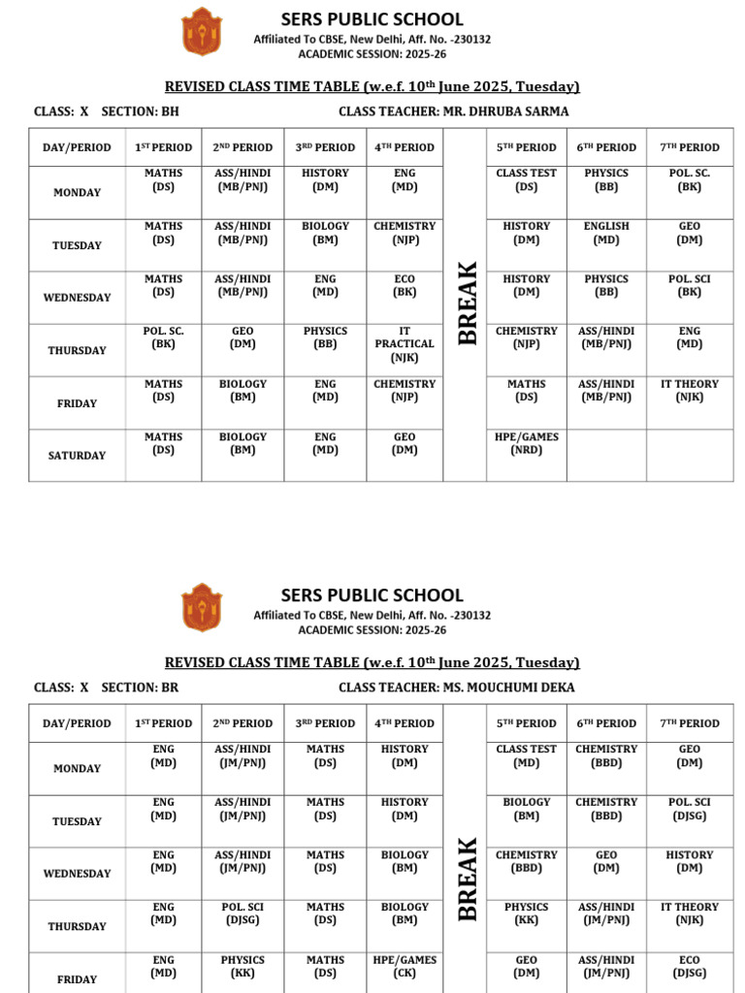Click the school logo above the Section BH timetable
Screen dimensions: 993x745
[x=202, y=31]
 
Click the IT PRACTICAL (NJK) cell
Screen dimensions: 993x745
[x=405, y=344]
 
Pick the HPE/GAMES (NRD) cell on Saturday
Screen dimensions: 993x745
[x=526, y=443]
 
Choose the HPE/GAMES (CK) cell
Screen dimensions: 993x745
[x=405, y=967]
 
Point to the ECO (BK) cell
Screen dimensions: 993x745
[x=405, y=285]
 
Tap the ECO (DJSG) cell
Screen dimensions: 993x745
[x=689, y=967]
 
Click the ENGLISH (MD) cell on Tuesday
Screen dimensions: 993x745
[x=606, y=233]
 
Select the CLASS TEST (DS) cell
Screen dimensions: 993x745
[x=526, y=179]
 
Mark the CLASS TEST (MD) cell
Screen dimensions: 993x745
[x=526, y=755]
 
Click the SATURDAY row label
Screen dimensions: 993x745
[x=78, y=456]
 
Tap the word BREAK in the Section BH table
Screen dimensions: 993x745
[x=468, y=303]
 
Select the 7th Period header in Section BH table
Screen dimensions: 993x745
[x=689, y=147]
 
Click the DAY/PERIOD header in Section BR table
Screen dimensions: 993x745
[x=78, y=723]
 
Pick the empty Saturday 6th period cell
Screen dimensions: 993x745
[x=606, y=456]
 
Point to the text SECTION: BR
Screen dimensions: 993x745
[x=140, y=688]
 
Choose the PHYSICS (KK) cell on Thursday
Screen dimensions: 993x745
[x=526, y=913]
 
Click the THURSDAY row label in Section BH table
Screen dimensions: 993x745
[x=78, y=351]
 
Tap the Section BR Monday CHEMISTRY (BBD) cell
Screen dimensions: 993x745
[x=606, y=755]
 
